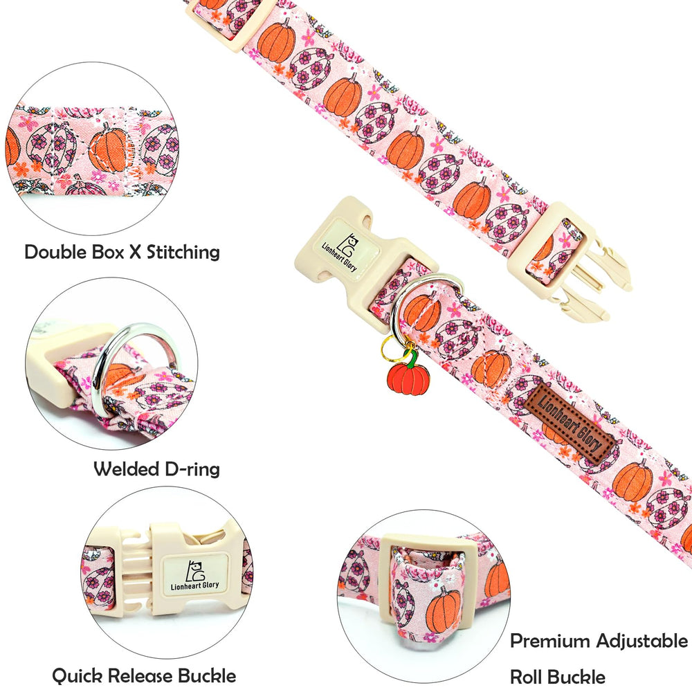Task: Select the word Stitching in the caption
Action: point(183,253)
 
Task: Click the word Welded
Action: point(126,469)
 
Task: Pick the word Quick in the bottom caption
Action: point(78,676)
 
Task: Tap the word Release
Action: point(140,675)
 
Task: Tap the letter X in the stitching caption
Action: point(135,253)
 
